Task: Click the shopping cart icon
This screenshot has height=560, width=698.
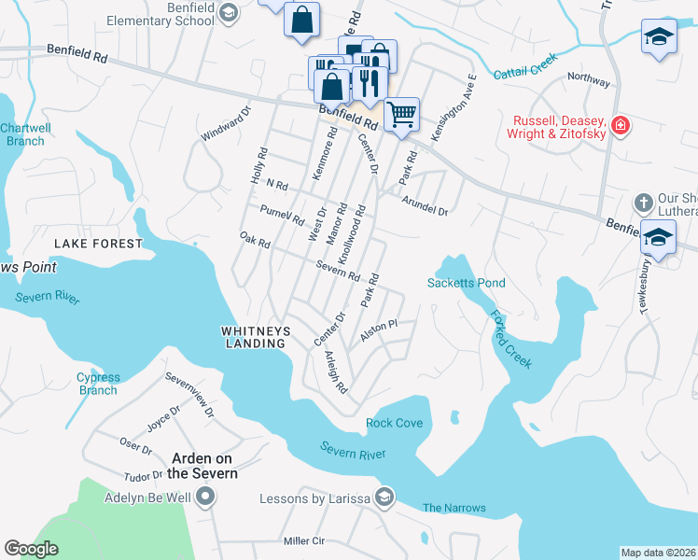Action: click(x=401, y=115)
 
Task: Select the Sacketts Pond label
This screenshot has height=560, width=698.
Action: click(x=466, y=283)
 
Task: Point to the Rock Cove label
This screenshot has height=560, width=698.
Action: click(x=395, y=423)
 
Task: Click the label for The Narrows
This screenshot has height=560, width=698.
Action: click(x=454, y=508)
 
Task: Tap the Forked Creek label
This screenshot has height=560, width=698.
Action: click(x=511, y=340)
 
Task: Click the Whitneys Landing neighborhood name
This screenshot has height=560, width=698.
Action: click(x=254, y=337)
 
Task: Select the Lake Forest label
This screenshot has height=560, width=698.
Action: click(x=98, y=244)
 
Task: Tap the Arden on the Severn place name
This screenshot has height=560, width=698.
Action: click(x=203, y=466)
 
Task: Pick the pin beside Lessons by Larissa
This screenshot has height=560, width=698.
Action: click(x=383, y=496)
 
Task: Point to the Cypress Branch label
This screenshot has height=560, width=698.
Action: click(x=98, y=384)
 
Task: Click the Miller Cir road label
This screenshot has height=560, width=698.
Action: click(x=303, y=541)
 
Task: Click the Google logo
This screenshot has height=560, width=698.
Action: click(x=31, y=549)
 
